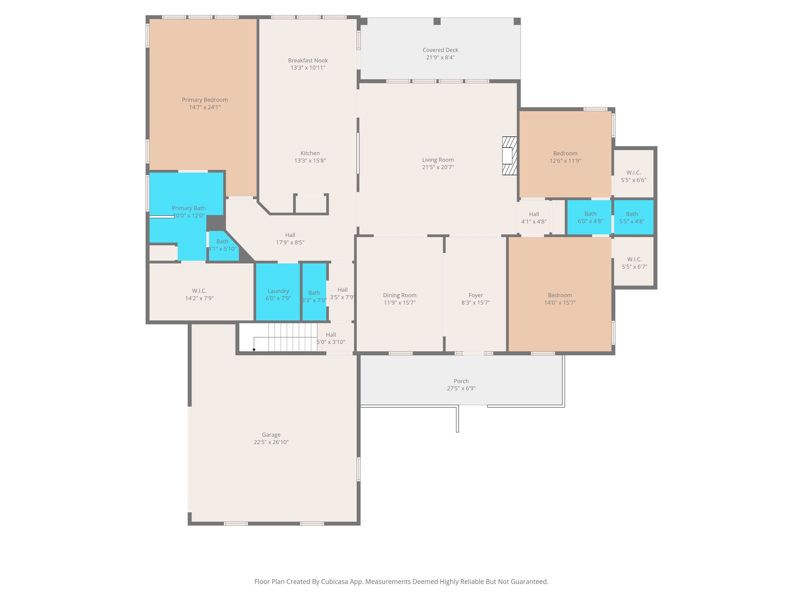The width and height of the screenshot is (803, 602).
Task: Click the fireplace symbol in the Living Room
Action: click(509, 156)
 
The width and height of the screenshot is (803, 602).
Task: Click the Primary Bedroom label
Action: click(205, 100)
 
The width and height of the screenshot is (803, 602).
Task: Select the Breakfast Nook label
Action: click(308, 60)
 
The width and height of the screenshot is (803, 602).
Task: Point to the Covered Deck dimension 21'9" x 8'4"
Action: click(440, 57)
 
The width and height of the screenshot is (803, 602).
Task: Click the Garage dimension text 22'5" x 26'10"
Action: click(271, 442)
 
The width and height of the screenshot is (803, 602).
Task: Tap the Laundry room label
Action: click(278, 291)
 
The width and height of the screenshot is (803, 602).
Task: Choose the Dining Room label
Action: click(400, 295)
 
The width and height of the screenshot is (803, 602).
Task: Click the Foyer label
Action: click(475, 295)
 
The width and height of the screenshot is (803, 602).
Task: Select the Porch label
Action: click(461, 381)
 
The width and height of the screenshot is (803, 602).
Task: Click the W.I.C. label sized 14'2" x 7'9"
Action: click(199, 291)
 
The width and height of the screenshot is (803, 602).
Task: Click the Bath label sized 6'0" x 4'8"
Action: click(590, 214)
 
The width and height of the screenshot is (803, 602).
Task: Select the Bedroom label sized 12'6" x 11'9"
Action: click(565, 153)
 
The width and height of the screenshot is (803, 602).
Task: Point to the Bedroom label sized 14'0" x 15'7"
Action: click(560, 295)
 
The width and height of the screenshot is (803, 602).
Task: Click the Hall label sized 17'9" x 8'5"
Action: click(290, 235)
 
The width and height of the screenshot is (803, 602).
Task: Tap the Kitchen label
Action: click(310, 153)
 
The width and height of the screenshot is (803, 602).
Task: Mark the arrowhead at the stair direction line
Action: click(254, 350)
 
